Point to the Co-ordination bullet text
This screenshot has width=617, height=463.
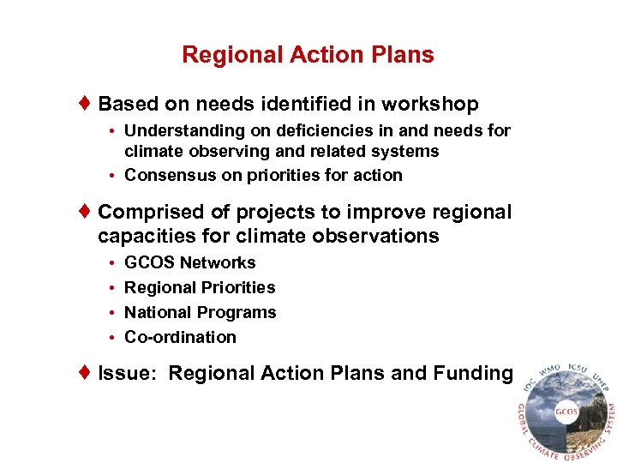(x=180, y=337)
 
